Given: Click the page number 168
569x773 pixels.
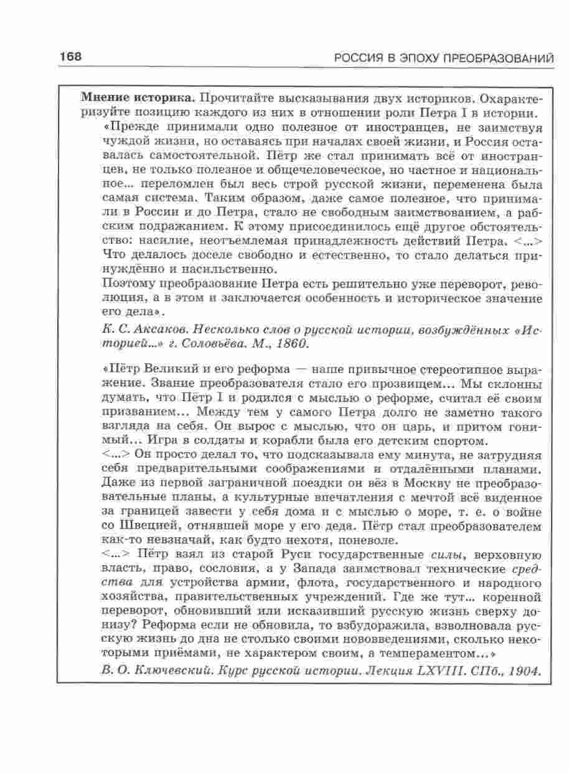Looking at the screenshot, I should [71, 57].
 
